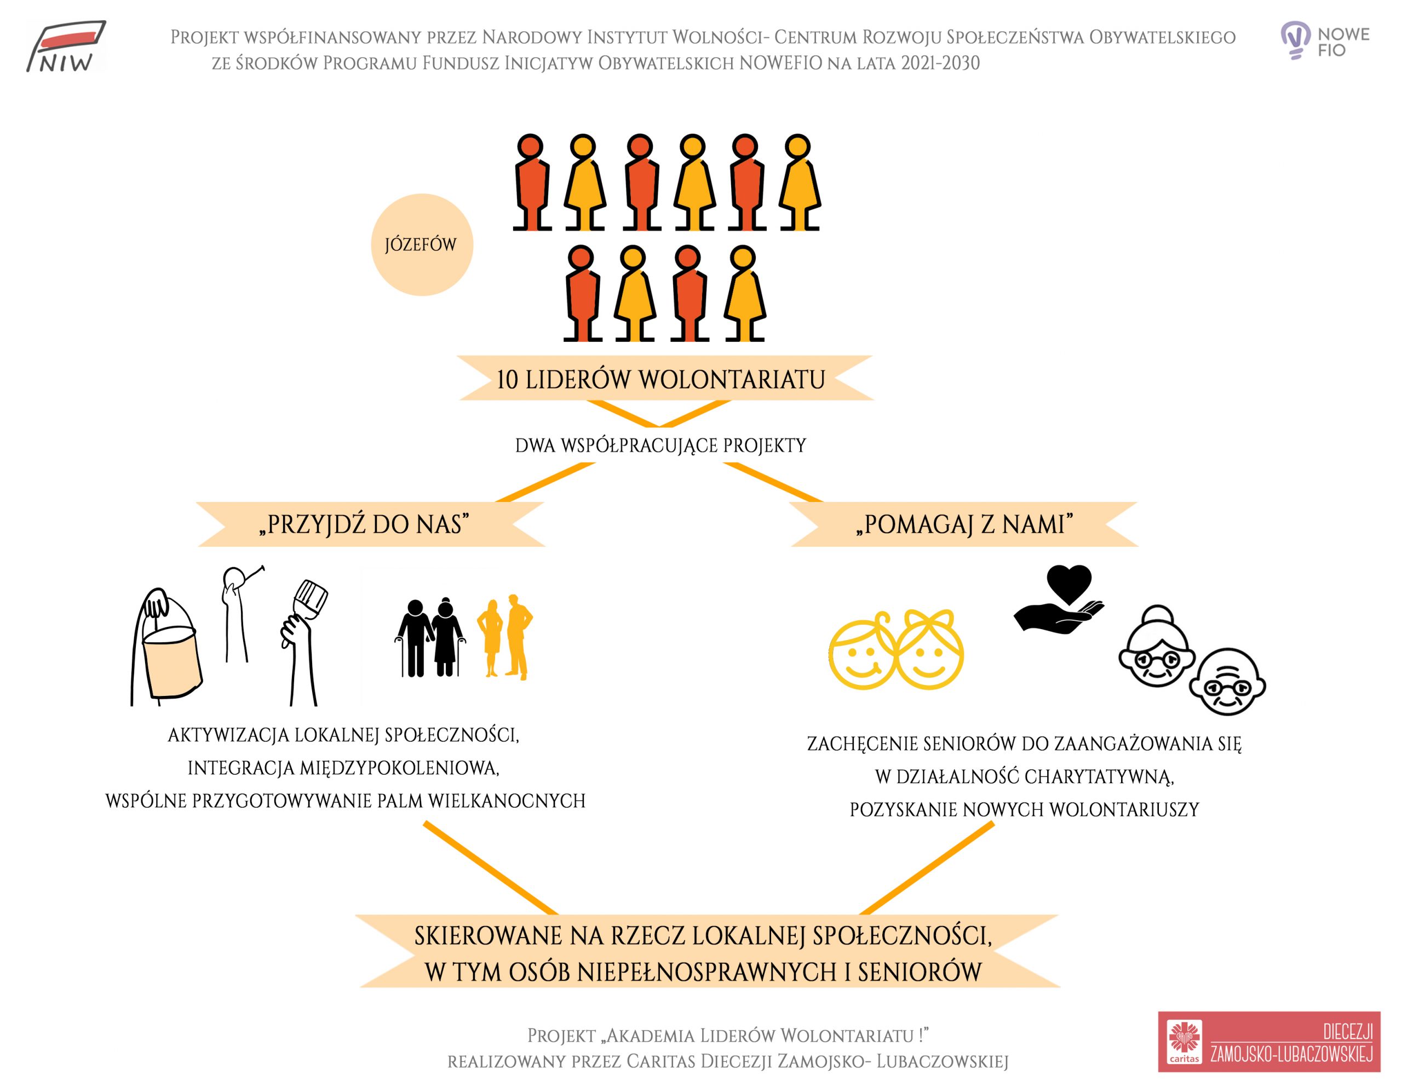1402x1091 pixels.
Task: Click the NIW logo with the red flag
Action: (x=66, y=45)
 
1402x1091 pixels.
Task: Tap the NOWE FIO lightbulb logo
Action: (x=1324, y=41)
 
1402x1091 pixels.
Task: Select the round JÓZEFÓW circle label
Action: (x=422, y=244)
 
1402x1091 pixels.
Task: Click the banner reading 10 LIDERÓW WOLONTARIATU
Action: (x=661, y=379)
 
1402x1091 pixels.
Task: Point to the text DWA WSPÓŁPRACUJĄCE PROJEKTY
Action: (x=660, y=445)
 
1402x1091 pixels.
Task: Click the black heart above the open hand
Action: (x=1069, y=584)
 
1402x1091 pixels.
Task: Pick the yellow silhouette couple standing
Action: (x=505, y=637)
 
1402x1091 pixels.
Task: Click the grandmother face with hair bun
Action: (x=1157, y=647)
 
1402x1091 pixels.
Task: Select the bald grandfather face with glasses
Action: (x=1227, y=682)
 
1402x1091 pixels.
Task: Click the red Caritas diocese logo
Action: (x=1269, y=1042)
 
